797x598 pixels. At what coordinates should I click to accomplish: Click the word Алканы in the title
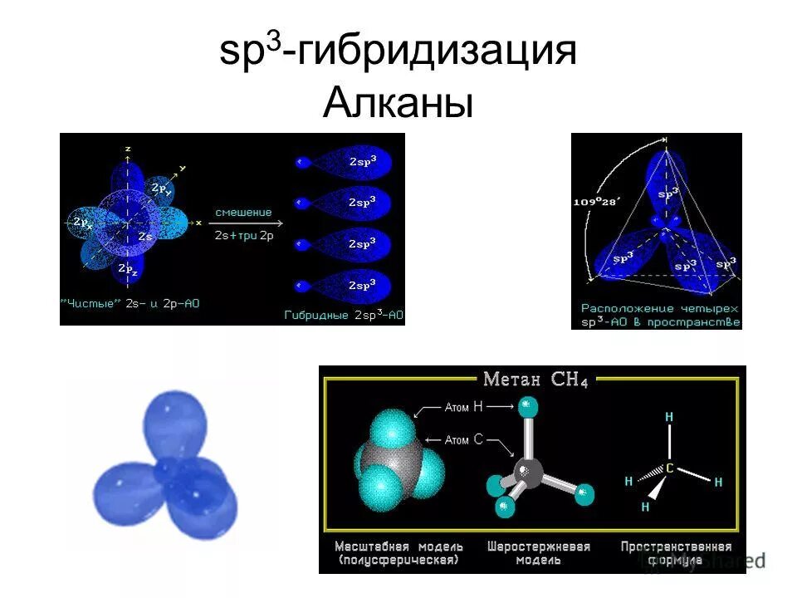(398, 105)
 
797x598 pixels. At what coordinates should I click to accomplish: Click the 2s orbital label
(145, 237)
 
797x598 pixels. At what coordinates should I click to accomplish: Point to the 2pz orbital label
(128, 268)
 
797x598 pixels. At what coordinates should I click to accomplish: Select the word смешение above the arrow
(243, 213)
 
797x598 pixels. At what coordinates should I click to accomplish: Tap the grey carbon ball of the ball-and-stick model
(527, 471)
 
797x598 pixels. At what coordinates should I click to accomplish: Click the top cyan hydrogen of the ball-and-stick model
(526, 406)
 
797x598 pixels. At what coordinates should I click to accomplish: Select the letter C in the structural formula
(669, 468)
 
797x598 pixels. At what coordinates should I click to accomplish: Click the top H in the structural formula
(669, 416)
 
